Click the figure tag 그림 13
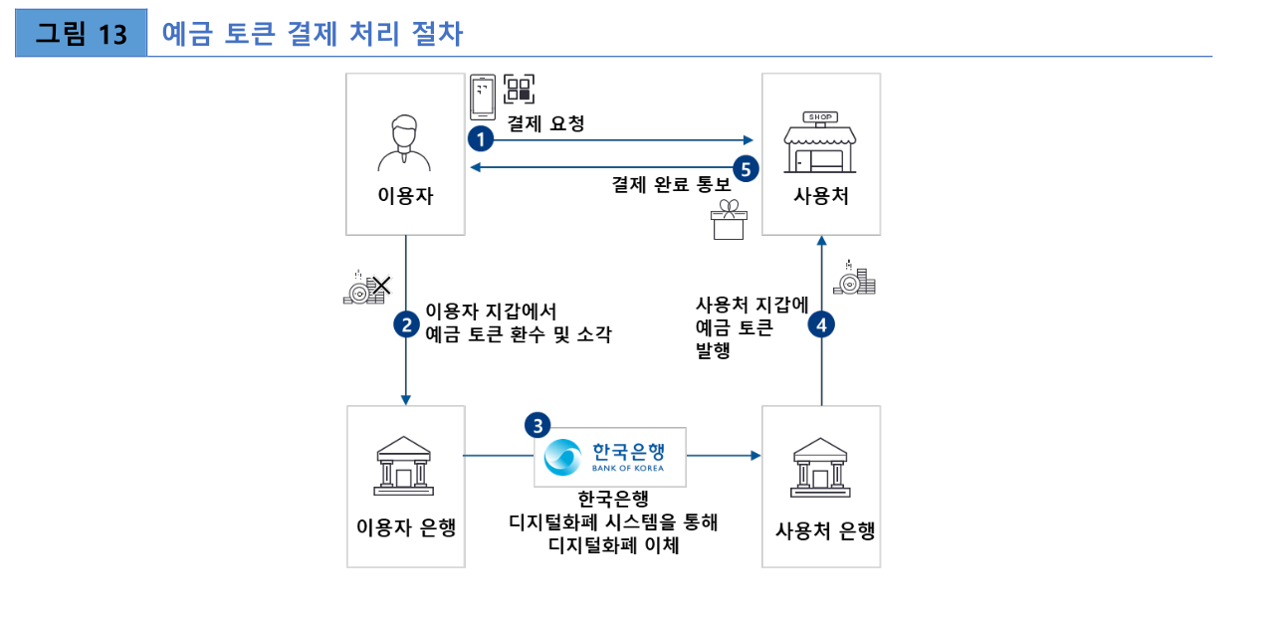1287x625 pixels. pyautogui.click(x=82, y=35)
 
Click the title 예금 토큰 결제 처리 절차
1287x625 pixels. pyautogui.click(x=312, y=35)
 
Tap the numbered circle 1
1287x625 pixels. pyautogui.click(x=482, y=138)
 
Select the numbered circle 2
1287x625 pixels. pyautogui.click(x=406, y=323)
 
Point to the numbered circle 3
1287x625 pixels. pyautogui.click(x=537, y=425)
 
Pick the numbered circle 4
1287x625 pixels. pyautogui.click(x=821, y=323)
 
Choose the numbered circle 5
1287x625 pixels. pyautogui.click(x=748, y=166)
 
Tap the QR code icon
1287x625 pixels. pyautogui.click(x=519, y=90)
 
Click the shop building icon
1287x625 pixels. pyautogui.click(x=820, y=143)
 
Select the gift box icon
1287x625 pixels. pyautogui.click(x=729, y=219)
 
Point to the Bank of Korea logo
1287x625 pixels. pyautogui.click(x=610, y=457)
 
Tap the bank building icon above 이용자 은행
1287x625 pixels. pyautogui.click(x=404, y=463)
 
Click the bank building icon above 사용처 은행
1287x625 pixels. pyautogui.click(x=820, y=465)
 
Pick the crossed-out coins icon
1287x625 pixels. pyautogui.click(x=365, y=288)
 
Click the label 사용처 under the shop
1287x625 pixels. pyautogui.click(x=820, y=196)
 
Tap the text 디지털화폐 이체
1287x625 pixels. pyautogui.click(x=613, y=544)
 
